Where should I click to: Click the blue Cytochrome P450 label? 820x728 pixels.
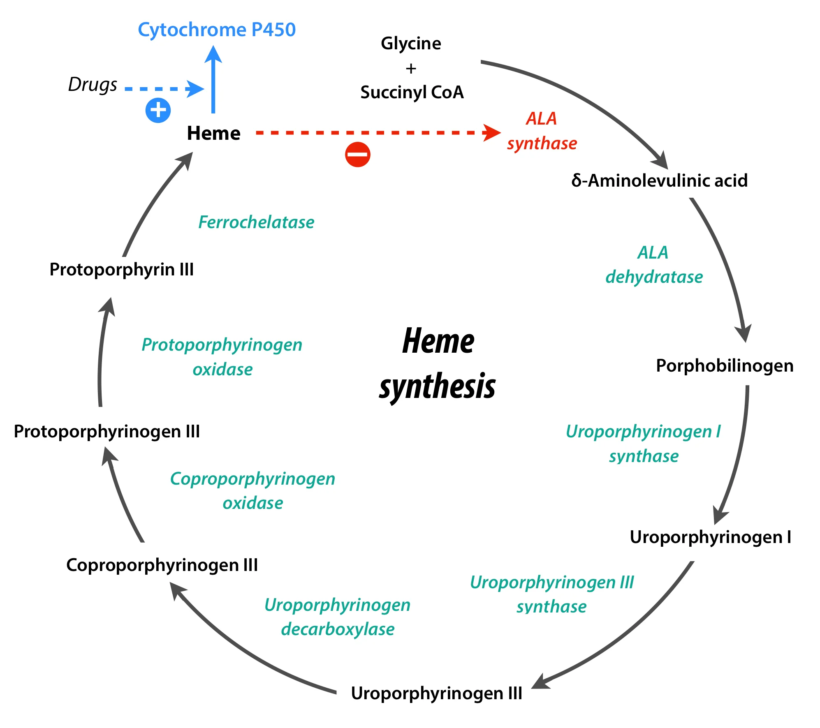[x=217, y=30]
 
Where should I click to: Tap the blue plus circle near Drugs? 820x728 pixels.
[x=158, y=110]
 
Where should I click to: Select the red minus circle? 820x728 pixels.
[x=357, y=155]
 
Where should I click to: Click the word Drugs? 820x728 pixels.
[x=93, y=85]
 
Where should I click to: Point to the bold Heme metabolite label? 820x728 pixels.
[x=213, y=133]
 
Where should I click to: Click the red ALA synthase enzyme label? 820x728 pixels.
[x=542, y=131]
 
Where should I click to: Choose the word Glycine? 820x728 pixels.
[x=411, y=44]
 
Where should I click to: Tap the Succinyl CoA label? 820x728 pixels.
[x=412, y=92]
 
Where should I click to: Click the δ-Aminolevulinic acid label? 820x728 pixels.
[x=659, y=180]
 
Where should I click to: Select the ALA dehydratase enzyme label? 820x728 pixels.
[x=654, y=265]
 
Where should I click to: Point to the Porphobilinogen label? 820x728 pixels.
[x=724, y=365]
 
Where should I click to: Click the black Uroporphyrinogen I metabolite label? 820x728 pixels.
[x=711, y=537]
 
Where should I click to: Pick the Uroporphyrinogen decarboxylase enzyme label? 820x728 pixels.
[x=338, y=617]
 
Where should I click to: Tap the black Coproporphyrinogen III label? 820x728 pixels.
[x=162, y=565]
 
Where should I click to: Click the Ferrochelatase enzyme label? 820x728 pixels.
[x=256, y=222]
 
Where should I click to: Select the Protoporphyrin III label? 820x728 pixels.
[x=122, y=270]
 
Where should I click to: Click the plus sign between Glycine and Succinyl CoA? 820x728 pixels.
[x=411, y=68]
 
